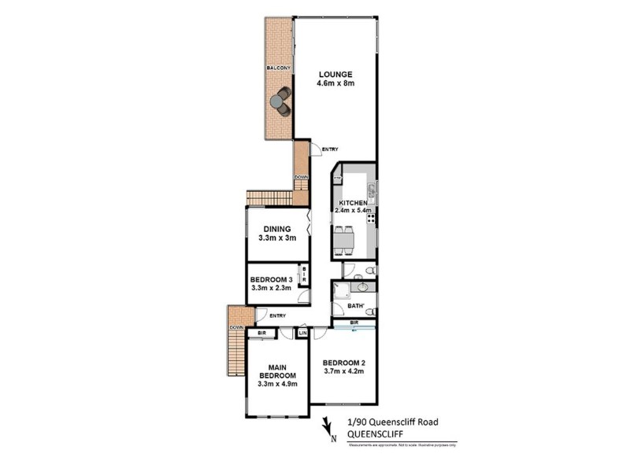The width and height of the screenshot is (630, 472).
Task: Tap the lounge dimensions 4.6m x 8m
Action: point(335,83)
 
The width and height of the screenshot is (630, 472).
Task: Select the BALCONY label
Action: point(277,69)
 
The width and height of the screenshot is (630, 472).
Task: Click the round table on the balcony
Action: point(276,101)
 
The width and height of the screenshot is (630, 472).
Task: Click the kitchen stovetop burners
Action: point(369,218)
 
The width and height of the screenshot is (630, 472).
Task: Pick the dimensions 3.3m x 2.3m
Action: point(271,289)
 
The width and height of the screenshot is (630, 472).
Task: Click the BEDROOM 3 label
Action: point(271,280)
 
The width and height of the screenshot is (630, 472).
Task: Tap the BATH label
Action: point(355,306)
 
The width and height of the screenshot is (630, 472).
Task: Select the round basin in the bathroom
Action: point(358,288)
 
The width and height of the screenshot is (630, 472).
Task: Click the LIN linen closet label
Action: point(302,334)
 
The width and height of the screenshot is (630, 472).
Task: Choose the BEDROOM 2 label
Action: point(343,363)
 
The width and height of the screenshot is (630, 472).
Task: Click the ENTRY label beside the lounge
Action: point(330,149)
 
